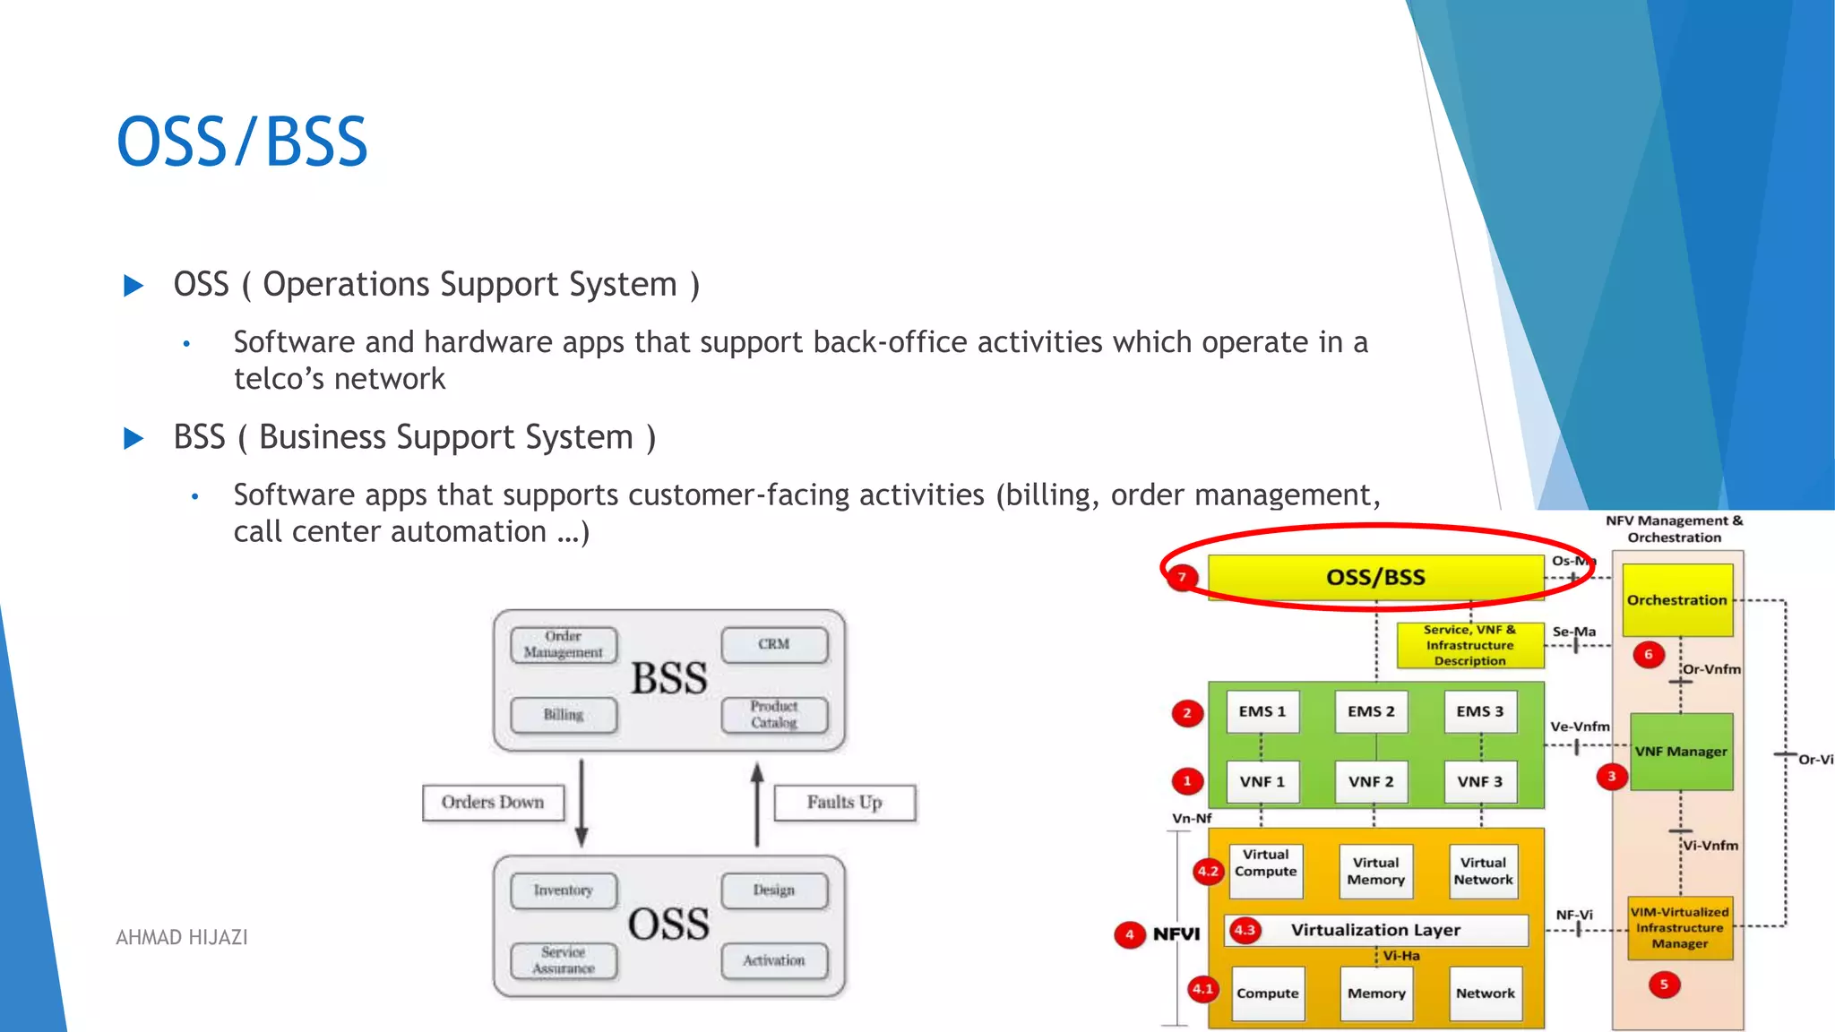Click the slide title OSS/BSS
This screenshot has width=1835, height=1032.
[242, 142]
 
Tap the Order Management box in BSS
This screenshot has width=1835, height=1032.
[564, 644]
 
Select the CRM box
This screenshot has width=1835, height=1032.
[774, 644]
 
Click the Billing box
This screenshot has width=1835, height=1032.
[564, 714]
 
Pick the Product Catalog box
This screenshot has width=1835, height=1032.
[774, 714]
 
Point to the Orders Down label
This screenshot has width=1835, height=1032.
[493, 803]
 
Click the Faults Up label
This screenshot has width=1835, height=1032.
[844, 803]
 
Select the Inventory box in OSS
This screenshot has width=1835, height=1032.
[564, 890]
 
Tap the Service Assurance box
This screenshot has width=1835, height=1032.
[564, 960]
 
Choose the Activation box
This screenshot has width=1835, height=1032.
[774, 960]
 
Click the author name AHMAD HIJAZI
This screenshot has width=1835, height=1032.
[182, 937]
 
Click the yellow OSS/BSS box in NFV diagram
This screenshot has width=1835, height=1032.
[1375, 577]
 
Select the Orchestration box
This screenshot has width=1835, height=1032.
[1677, 599]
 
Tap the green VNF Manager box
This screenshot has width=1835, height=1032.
[1681, 752]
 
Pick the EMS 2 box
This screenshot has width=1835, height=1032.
[1371, 711]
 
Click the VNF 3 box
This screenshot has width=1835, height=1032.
[1479, 781]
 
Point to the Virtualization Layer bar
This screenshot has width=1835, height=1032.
[1376, 930]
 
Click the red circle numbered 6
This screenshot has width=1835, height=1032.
[1648, 654]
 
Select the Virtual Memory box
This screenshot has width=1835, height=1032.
[1375, 871]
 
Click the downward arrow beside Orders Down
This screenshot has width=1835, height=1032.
[582, 803]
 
